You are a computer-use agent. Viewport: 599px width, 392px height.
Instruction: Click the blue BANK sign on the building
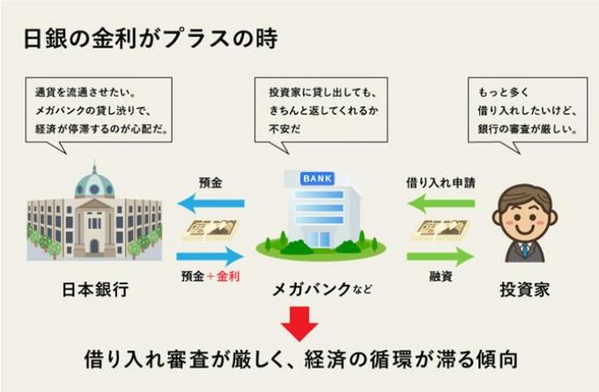(x=317, y=179)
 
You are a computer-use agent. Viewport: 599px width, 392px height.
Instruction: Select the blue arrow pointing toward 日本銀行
(x=211, y=203)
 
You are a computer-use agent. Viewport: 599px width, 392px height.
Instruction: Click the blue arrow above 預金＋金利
(x=211, y=256)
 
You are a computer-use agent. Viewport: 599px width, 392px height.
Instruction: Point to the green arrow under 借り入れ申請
(x=440, y=203)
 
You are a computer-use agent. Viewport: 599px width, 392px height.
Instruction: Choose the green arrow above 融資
(x=440, y=256)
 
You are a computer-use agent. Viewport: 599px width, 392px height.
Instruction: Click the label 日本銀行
(x=95, y=290)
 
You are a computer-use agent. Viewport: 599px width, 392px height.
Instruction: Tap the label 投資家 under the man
(x=524, y=290)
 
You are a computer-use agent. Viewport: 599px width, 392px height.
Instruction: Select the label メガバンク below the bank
(x=311, y=289)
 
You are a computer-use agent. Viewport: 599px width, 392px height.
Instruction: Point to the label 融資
(x=440, y=276)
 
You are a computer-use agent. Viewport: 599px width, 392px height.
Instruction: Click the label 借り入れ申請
(x=440, y=183)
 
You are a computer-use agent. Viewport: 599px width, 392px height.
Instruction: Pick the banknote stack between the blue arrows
(x=211, y=230)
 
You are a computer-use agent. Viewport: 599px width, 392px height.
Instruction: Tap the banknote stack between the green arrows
(x=440, y=230)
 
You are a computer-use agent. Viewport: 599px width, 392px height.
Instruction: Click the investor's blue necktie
(x=526, y=250)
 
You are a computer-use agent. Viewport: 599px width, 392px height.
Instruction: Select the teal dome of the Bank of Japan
(x=94, y=184)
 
